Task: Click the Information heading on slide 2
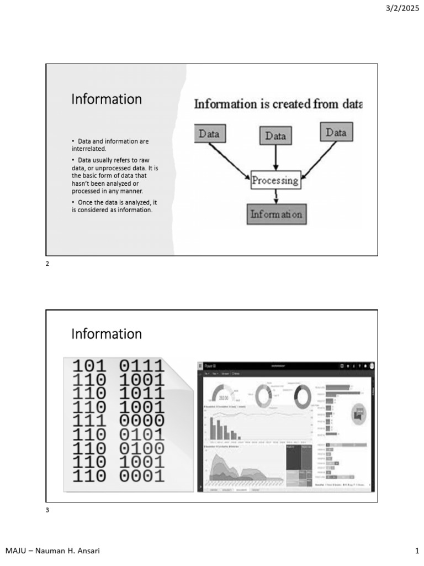[107, 99]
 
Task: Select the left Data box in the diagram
[209, 134]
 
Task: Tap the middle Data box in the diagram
[275, 135]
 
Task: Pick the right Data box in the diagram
[336, 133]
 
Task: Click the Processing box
[275, 180]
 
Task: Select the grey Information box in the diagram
[276, 214]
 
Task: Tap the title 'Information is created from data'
[278, 104]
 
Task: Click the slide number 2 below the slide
[47, 264]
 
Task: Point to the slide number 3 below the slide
[47, 510]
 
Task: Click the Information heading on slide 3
[107, 334]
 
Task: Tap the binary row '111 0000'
[118, 421]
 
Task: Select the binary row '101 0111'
[118, 366]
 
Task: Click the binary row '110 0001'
[118, 475]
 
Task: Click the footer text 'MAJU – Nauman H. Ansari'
[52, 551]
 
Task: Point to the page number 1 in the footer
[417, 551]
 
